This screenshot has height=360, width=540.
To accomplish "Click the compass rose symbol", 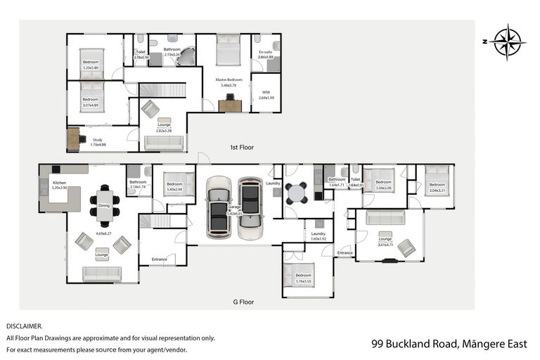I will tap(506, 41).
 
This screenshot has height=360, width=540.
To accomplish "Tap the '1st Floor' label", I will tap(242, 148).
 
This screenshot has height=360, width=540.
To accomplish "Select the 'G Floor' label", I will tap(243, 302).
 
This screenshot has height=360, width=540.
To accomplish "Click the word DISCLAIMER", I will tap(25, 326).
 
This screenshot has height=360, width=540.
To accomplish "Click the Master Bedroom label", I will tap(229, 80).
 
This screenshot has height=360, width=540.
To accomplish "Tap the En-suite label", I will tap(265, 54).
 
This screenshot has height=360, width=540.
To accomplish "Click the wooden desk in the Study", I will tap(74, 139).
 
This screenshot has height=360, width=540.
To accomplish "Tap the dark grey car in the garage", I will tap(250, 208).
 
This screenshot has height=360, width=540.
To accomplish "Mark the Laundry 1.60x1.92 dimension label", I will tap(319, 236).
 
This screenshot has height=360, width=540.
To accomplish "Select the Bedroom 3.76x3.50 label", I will tap(303, 278).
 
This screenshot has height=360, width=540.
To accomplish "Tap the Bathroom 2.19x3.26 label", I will tap(172, 51).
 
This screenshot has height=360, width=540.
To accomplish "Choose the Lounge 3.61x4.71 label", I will tap(385, 241).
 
